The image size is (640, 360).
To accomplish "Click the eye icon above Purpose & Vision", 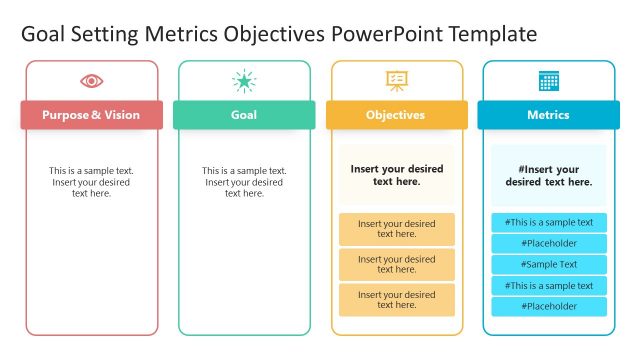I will pyautogui.click(x=91, y=81).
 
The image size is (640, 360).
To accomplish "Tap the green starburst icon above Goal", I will pyautogui.click(x=244, y=81).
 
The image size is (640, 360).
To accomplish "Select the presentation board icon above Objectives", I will pyautogui.click(x=396, y=81).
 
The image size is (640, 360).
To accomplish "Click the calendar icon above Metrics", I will pyautogui.click(x=548, y=81).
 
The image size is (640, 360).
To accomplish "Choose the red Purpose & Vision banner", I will pyautogui.click(x=91, y=115).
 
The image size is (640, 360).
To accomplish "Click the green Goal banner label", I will pyautogui.click(x=244, y=115).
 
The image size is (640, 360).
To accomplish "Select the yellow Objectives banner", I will pyautogui.click(x=396, y=115).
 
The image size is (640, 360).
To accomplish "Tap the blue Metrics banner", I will pyautogui.click(x=548, y=115).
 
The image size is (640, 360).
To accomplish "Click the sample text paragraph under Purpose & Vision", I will pyautogui.click(x=91, y=182).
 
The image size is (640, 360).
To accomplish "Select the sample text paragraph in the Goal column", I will pyautogui.click(x=244, y=182).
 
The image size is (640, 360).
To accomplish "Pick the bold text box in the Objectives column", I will pyautogui.click(x=396, y=176).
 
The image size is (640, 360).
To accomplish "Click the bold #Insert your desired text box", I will pyautogui.click(x=548, y=176).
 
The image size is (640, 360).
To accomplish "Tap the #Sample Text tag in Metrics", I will pyautogui.click(x=548, y=265).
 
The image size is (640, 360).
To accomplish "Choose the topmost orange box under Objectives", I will pyautogui.click(x=396, y=229).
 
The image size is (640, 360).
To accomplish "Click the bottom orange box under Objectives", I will pyautogui.click(x=396, y=300).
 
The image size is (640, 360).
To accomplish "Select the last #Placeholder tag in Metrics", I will pyautogui.click(x=548, y=306).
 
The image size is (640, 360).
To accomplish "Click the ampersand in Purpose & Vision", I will pyautogui.click(x=96, y=115).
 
